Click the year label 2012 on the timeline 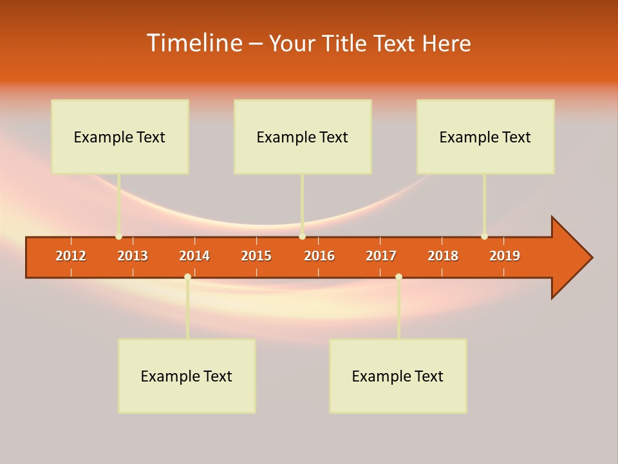point(71,256)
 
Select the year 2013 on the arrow point(133,256)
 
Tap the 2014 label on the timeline point(194,256)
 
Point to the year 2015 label point(256,256)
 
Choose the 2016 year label point(319,256)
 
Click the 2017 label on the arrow point(381,256)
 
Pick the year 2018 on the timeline point(443,256)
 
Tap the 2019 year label point(505,256)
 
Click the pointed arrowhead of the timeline point(573,257)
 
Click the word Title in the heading point(346,43)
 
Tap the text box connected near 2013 point(120,137)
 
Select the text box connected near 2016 point(303,137)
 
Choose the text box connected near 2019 point(485,137)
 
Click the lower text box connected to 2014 point(187,376)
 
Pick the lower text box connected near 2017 point(398,376)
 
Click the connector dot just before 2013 point(118,237)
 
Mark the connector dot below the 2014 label point(187,276)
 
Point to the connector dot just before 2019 point(484,237)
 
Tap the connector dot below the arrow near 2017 point(398,276)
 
